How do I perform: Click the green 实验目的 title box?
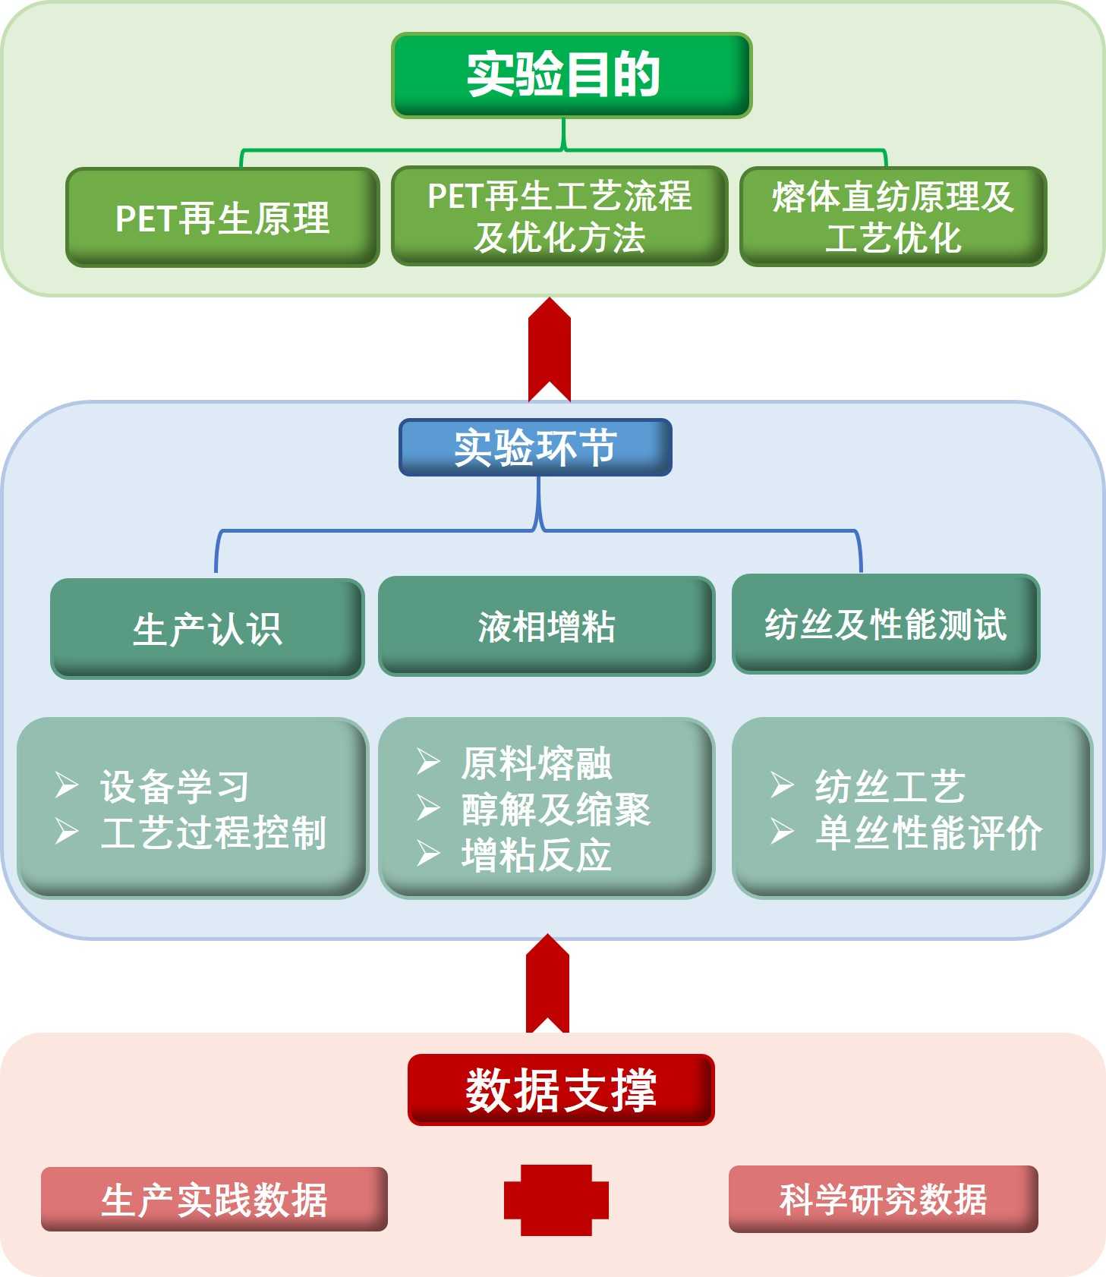571,75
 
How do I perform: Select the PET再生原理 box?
222,218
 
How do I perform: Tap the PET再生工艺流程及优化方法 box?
559,216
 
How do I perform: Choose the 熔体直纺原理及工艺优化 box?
893,217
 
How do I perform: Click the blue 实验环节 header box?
535,448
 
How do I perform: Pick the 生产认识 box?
207,628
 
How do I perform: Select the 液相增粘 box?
547,626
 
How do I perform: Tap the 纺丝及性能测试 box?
885,624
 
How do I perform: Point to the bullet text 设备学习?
175,786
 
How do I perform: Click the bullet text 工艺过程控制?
214,832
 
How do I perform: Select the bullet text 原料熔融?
536,763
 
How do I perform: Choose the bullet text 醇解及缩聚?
556,809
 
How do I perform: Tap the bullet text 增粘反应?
536,855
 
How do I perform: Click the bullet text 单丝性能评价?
929,832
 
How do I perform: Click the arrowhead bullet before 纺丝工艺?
782,785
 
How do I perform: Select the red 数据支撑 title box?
561,1090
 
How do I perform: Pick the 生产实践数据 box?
214,1200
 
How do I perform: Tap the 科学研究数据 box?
883,1199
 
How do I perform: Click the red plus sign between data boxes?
556,1200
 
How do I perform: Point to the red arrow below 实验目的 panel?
549,349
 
